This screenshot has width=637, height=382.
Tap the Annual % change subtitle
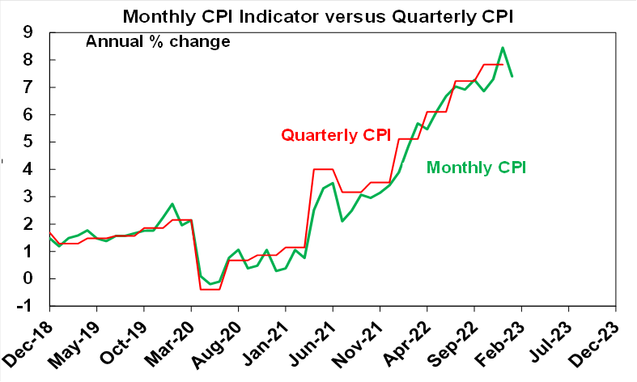pyautogui.click(x=158, y=41)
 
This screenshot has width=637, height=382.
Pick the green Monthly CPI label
pyautogui.click(x=477, y=168)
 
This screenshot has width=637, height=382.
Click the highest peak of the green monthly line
pyautogui.click(x=503, y=48)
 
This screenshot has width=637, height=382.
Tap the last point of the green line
pyautogui.click(x=512, y=76)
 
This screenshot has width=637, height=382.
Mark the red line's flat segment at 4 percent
pyautogui.click(x=322, y=169)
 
